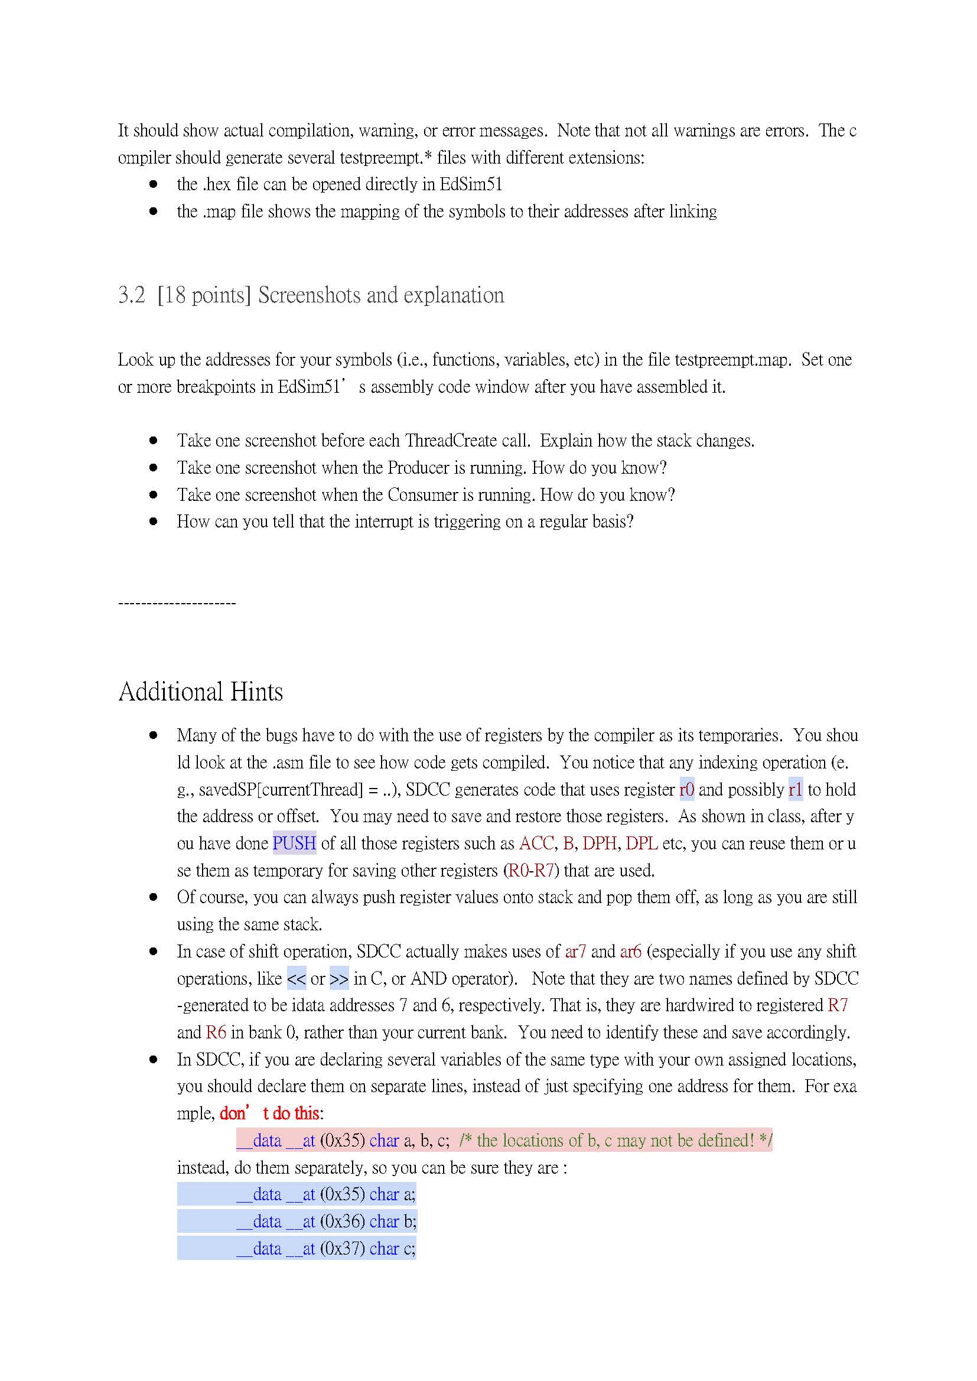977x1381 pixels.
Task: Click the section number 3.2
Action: [x=131, y=295]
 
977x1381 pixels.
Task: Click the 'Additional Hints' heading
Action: [x=200, y=692]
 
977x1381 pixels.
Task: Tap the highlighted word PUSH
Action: [x=294, y=843]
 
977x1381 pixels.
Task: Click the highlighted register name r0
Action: [x=686, y=789]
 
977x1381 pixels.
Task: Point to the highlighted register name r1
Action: [x=795, y=789]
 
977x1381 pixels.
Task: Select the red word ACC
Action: [x=536, y=843]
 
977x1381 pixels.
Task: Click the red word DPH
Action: [x=599, y=843]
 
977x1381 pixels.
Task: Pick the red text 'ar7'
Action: [x=575, y=952]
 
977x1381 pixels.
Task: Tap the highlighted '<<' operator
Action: [x=297, y=979]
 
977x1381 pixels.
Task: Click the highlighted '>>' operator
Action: [x=339, y=979]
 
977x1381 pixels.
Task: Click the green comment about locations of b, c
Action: [x=615, y=1141]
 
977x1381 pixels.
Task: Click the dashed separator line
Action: [x=177, y=603]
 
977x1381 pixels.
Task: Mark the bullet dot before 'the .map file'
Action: [x=154, y=211]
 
